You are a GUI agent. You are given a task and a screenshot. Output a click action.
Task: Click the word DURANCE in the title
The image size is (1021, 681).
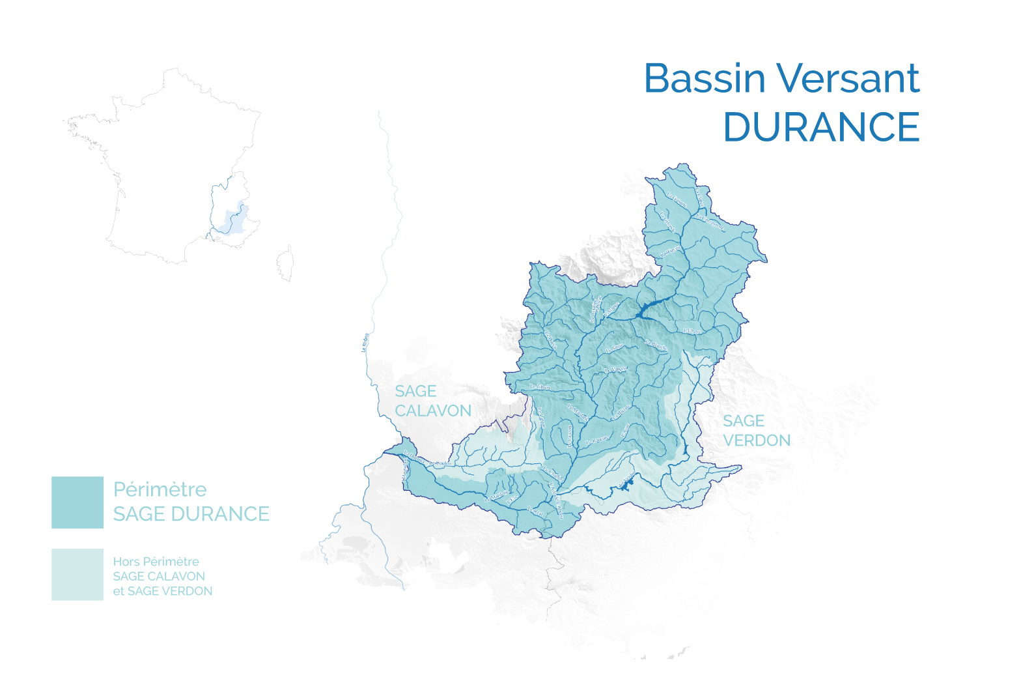coord(821,127)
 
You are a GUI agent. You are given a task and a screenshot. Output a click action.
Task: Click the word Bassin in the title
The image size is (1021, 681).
coord(705,79)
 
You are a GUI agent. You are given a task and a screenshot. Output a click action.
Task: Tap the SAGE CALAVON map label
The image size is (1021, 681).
coord(432,401)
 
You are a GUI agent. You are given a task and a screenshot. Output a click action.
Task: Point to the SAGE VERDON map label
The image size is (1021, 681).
coord(756,431)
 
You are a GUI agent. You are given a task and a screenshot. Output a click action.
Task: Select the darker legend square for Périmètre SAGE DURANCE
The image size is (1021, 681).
coord(77,502)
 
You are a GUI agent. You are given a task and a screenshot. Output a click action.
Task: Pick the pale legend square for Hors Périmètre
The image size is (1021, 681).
coord(77,574)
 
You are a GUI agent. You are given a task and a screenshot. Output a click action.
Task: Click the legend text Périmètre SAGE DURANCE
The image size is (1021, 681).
coord(191,502)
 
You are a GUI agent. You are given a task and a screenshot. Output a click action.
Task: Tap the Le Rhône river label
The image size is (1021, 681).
coord(365,343)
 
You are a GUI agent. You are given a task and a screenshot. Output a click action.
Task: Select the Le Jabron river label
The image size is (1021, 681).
coord(540,387)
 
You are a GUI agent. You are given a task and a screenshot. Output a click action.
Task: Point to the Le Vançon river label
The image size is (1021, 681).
coord(615,369)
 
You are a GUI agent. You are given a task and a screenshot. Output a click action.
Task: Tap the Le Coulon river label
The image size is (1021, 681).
coord(440,463)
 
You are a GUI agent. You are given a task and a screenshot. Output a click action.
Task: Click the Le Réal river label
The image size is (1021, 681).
coord(535,511)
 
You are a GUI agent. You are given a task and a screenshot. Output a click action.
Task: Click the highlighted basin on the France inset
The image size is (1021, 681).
coord(233,220)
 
